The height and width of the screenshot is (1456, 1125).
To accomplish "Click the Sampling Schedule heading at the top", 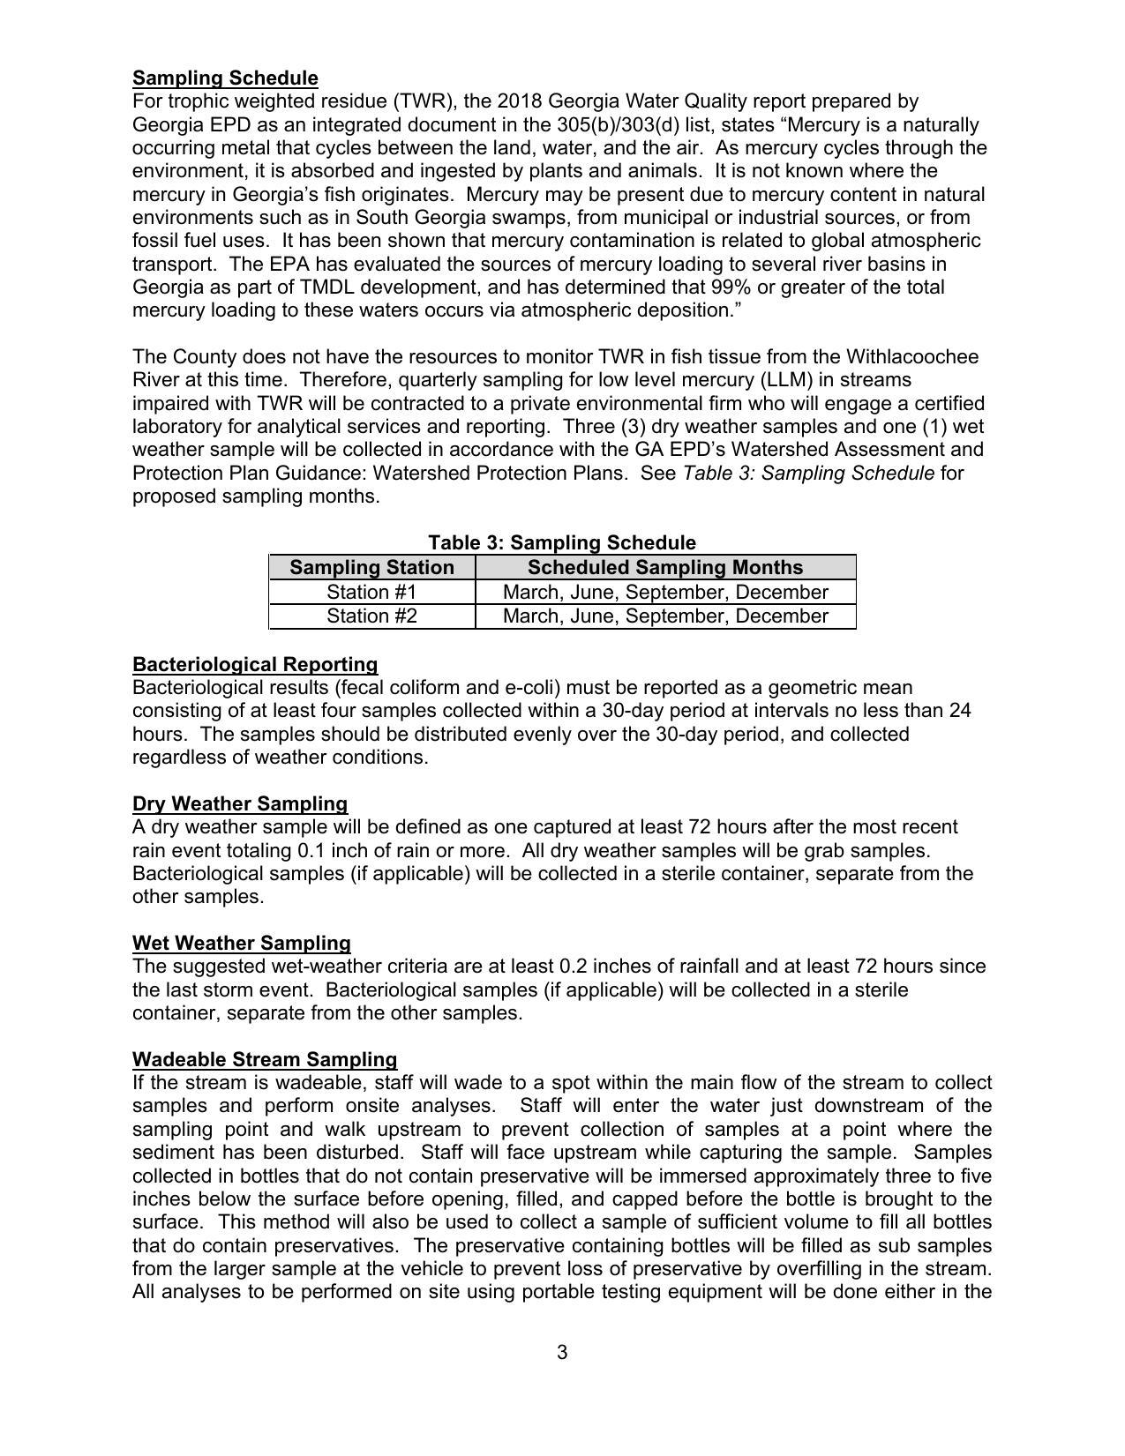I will [225, 78].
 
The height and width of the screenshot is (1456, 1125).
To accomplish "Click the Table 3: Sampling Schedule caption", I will [562, 542].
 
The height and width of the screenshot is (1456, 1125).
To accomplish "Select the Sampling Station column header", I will [371, 567].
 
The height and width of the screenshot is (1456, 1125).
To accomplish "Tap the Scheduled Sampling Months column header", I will [664, 567].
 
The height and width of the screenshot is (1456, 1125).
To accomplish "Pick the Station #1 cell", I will [371, 592].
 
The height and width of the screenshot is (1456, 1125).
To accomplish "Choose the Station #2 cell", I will [371, 616].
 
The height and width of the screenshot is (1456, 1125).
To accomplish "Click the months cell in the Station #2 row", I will [664, 616].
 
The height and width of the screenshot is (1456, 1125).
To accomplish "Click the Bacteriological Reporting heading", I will [255, 664].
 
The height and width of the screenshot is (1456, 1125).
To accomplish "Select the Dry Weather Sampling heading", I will [240, 803].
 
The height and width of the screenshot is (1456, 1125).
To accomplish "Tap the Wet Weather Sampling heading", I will [242, 943].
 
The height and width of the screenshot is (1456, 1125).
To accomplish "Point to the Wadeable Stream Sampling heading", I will [265, 1059].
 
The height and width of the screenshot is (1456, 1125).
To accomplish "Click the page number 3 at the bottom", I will [562, 1352].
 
